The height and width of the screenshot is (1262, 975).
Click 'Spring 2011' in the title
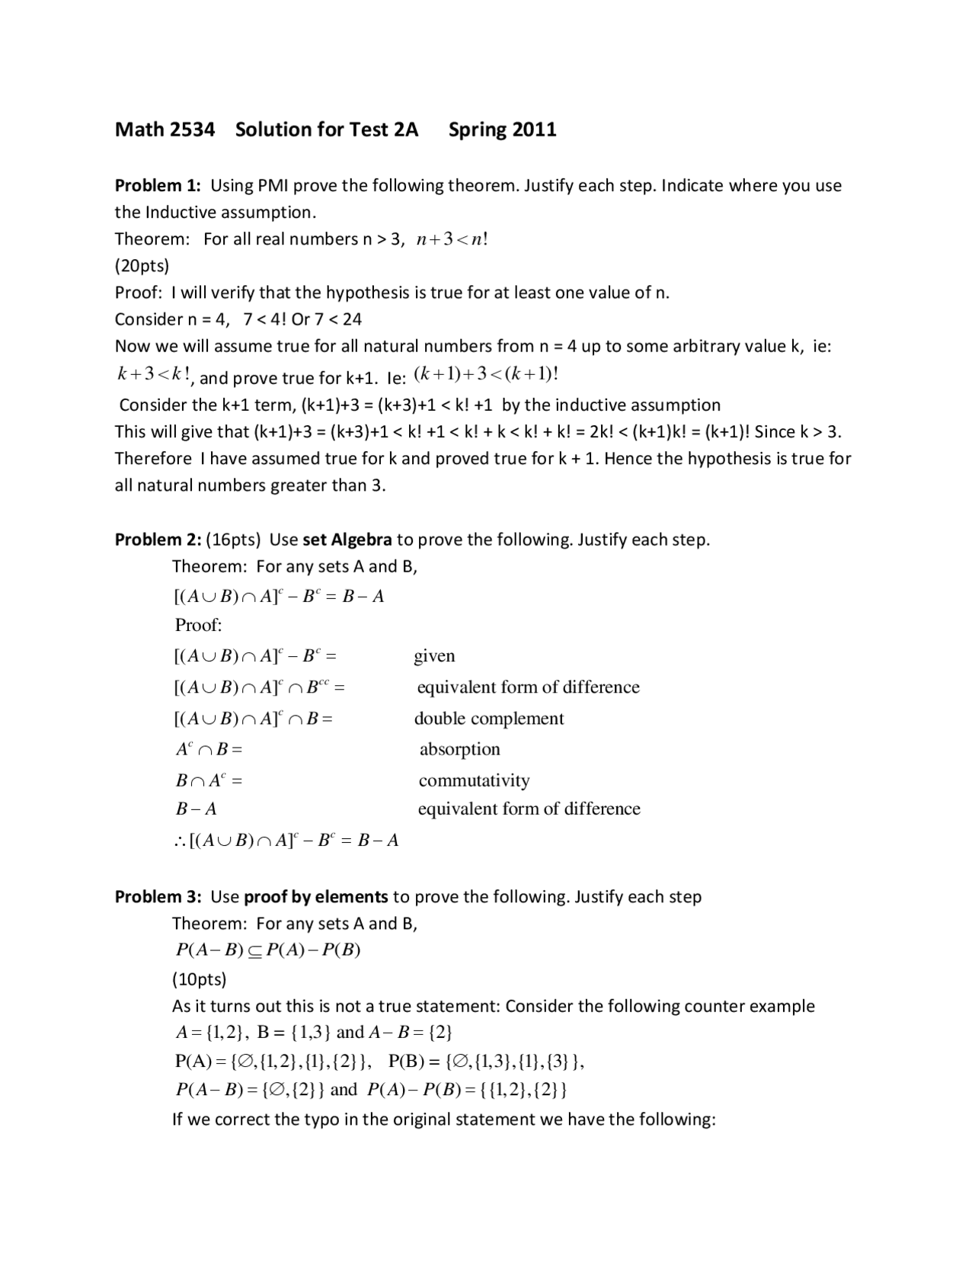tap(502, 130)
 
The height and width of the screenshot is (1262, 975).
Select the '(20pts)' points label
tap(142, 265)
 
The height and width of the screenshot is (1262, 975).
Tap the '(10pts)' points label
tap(199, 979)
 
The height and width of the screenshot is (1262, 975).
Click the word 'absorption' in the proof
tap(459, 749)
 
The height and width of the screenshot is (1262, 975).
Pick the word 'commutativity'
tap(474, 780)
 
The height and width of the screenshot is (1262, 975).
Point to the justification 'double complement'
tap(489, 719)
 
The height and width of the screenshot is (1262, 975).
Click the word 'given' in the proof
tap(434, 656)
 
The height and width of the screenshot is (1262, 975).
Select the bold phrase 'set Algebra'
tap(347, 540)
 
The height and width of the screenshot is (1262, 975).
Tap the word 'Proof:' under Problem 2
tap(198, 625)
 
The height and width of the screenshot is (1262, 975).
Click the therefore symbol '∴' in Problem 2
tap(180, 841)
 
